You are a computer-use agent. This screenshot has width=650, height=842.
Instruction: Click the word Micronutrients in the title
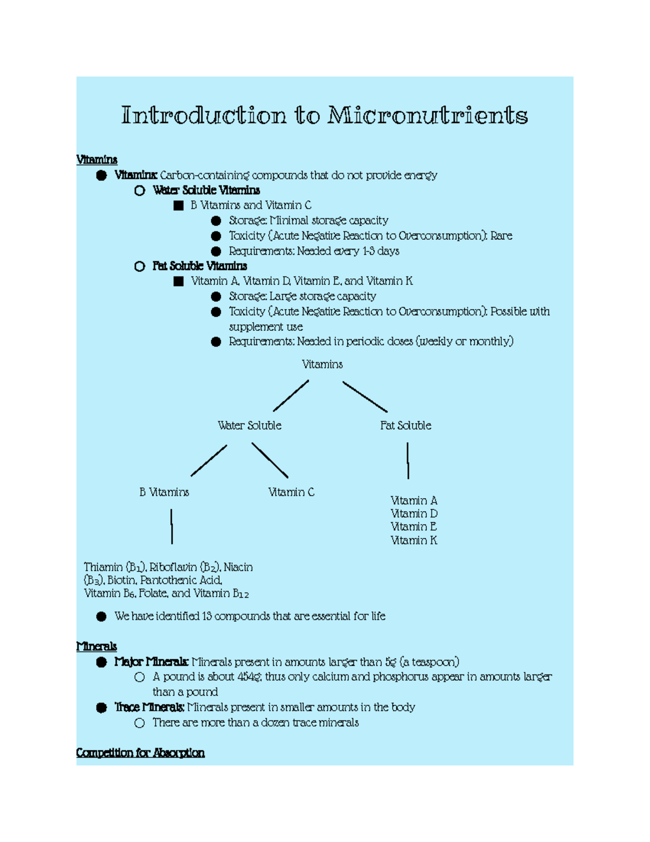point(427,115)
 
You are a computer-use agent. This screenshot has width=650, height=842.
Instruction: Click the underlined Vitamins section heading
point(97,159)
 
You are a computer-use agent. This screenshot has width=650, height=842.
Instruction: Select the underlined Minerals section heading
point(96,646)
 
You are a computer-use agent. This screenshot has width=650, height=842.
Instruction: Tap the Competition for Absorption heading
point(140,753)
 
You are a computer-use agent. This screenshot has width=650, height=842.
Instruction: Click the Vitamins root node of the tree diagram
point(322,364)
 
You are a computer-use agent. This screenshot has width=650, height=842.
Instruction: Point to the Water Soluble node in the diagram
point(249,426)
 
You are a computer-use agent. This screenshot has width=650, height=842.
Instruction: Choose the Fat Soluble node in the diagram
point(406,426)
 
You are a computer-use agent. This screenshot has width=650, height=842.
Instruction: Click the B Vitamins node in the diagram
point(164,492)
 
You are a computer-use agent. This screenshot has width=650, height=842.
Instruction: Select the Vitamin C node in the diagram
point(291,492)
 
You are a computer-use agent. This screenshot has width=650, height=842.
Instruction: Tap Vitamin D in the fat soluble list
point(414,513)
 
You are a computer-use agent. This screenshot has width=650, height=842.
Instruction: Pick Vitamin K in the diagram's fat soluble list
point(414,540)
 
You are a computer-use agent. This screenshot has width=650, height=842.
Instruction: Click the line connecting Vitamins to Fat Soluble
point(365,396)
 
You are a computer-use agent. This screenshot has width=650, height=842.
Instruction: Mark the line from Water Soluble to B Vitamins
point(209,461)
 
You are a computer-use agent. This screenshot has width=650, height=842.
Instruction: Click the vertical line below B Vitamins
point(172,526)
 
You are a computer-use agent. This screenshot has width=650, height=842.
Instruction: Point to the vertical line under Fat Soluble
point(408,461)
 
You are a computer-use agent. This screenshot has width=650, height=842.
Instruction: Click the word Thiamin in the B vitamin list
point(103,567)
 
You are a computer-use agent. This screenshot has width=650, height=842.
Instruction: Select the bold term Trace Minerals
point(149,707)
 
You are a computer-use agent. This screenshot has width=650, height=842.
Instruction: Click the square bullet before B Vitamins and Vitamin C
point(179,205)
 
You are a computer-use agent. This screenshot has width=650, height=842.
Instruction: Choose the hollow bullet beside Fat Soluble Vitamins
point(140,266)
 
